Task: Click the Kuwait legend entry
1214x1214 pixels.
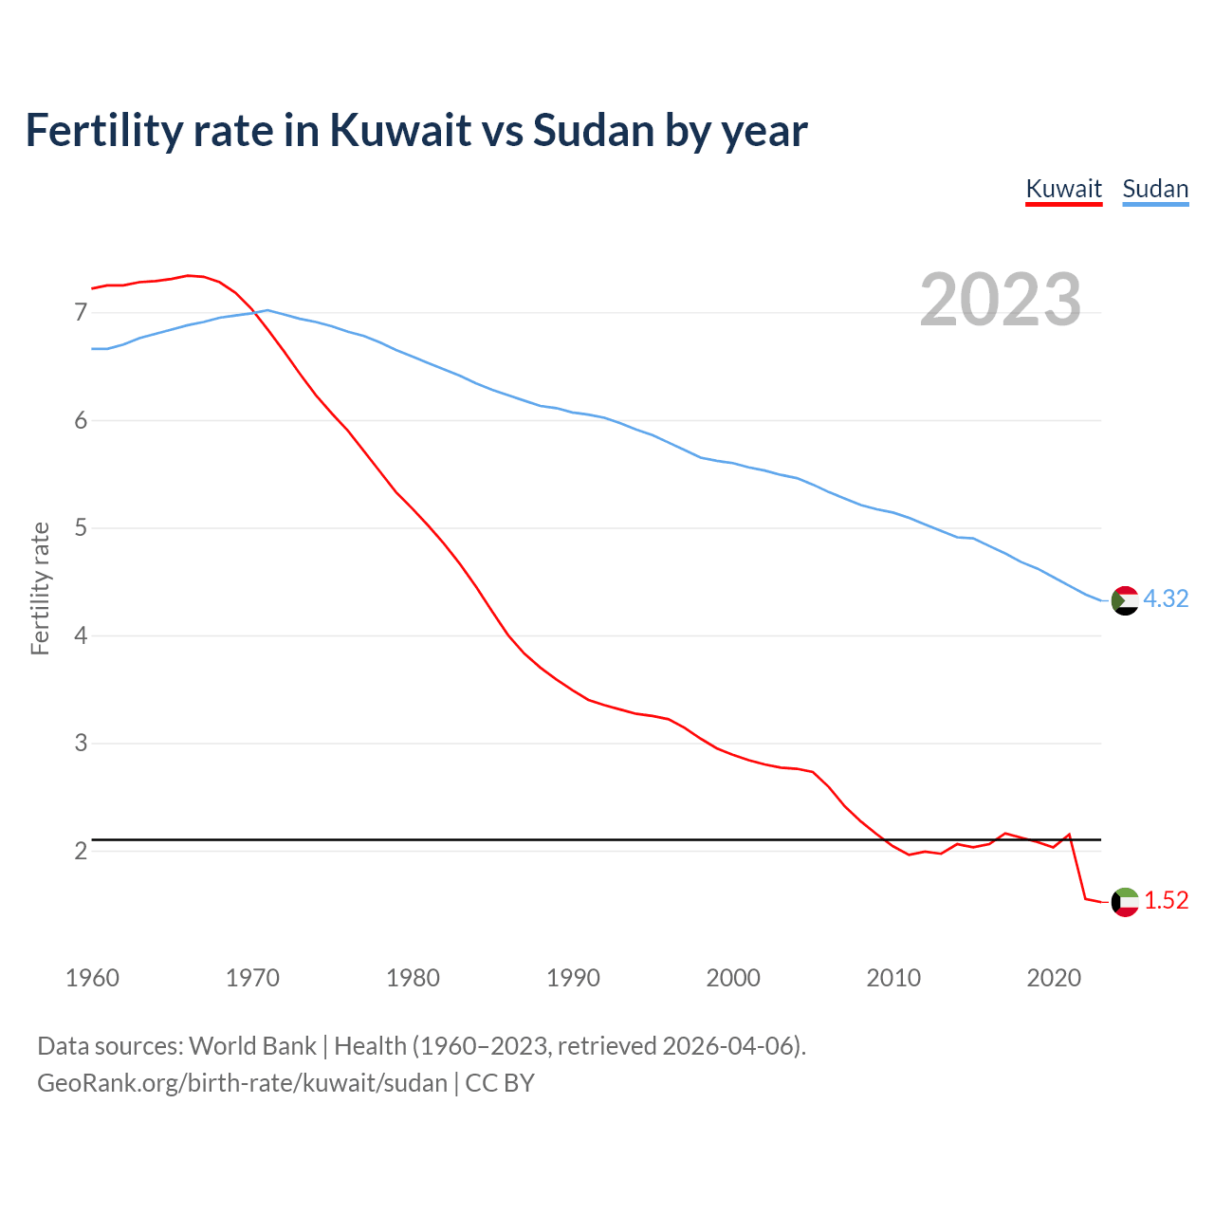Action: pos(1063,189)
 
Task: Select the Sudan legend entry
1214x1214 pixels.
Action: pos(1155,189)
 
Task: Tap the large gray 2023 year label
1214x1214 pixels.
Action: pos(1001,300)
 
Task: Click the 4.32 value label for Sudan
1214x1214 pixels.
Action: pos(1166,598)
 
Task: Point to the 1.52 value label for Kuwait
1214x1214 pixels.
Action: pos(1166,900)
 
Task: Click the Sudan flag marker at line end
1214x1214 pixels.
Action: pos(1125,600)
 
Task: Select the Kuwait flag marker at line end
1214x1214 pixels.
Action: pos(1125,902)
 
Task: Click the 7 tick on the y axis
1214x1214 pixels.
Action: pos(80,312)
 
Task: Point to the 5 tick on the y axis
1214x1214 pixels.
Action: pos(80,527)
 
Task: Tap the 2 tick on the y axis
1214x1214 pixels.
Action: pos(80,851)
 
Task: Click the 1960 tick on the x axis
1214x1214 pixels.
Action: pos(92,978)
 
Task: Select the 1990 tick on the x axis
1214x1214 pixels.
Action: pos(573,978)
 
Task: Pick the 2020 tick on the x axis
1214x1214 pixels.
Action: pos(1054,978)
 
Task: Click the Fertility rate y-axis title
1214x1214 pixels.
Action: pos(40,588)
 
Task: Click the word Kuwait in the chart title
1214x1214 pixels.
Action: pos(400,130)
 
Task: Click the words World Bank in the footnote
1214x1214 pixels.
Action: pos(252,1046)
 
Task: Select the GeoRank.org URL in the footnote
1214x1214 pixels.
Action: pos(242,1082)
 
